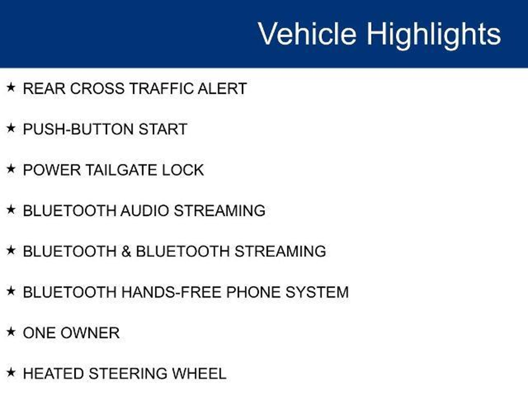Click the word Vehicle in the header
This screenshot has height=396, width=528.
point(307,34)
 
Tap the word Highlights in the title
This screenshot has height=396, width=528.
point(434,35)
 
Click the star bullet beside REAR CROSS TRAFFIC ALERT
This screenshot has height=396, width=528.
point(11,87)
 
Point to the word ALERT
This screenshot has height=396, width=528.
point(222,88)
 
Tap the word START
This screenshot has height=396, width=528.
point(163,129)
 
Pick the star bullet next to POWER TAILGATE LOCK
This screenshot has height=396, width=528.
point(11,169)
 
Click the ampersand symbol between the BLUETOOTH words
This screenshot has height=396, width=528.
point(126,251)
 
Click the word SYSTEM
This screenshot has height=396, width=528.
point(317,292)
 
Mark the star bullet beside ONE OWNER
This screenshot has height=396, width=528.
point(11,332)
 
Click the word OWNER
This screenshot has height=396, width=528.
point(90,333)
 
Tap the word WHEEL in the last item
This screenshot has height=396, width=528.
point(199,374)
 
